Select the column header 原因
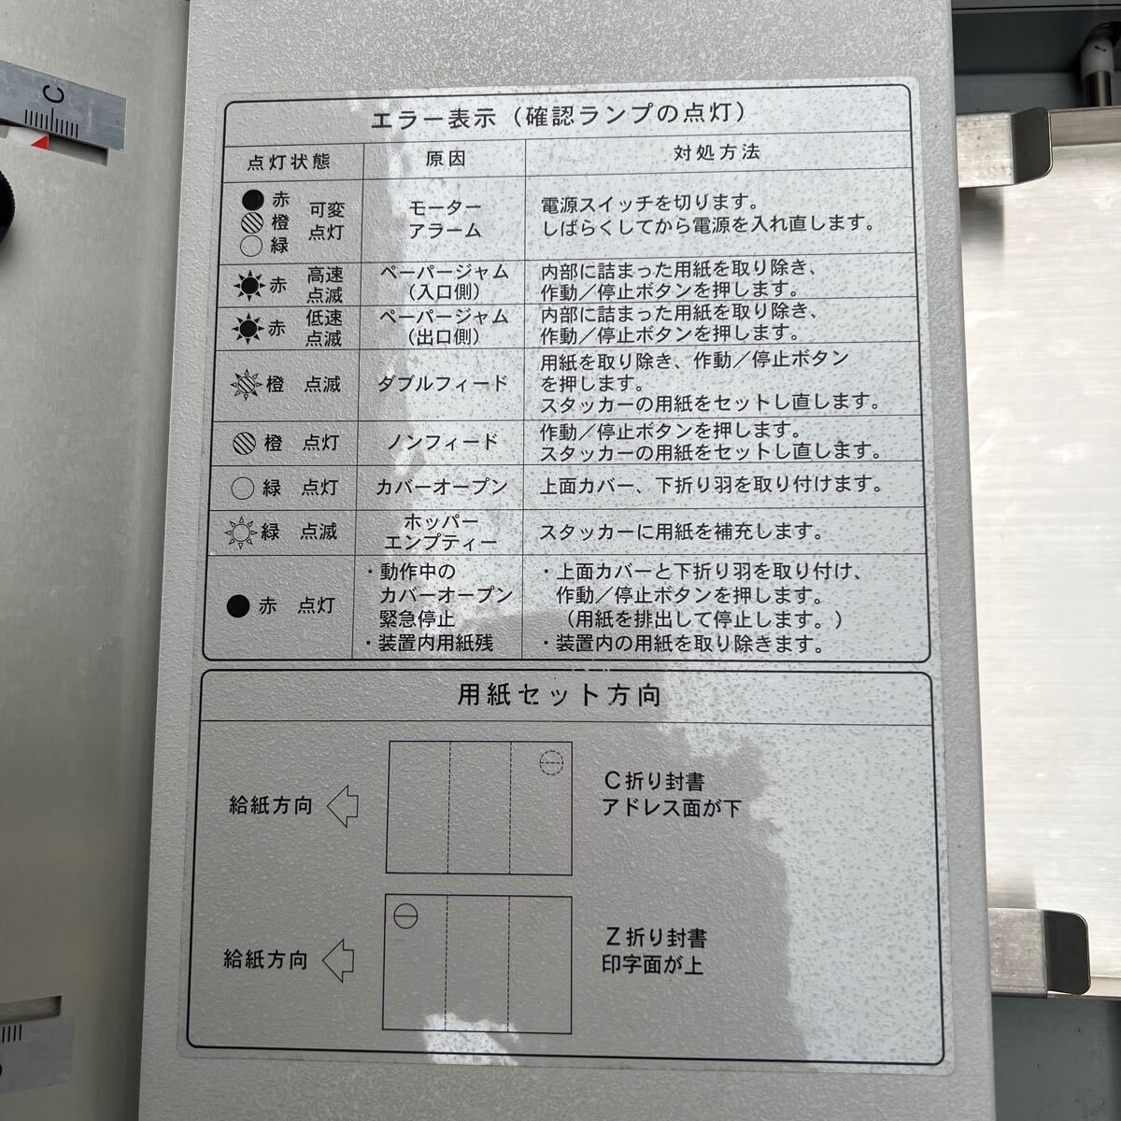point(445,159)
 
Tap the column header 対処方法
point(717,153)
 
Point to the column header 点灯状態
point(289,161)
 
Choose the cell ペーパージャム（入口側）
point(445,280)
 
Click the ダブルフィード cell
point(442,384)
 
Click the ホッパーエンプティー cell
point(440,532)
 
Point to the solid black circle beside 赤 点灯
point(238,607)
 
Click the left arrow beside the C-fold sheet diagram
point(343,806)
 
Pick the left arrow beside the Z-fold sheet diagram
point(338,959)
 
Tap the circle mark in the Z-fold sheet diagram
point(404,916)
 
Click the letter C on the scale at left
point(54,93)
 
